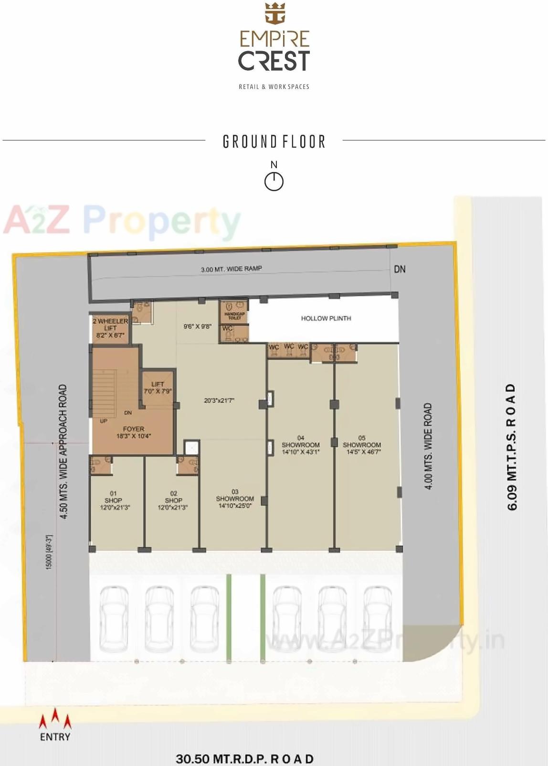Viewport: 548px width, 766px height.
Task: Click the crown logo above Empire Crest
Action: (274, 13)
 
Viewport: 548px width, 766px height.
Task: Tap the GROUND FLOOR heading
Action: (274, 142)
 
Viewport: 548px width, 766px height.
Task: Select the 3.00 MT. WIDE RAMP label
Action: (231, 269)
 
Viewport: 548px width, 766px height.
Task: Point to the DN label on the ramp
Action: (400, 269)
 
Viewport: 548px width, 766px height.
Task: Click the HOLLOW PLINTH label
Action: (326, 318)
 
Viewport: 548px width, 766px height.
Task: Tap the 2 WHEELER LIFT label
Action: (110, 328)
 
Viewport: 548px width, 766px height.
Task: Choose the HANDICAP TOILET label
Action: (234, 316)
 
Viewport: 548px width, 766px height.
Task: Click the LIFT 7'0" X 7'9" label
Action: (158, 388)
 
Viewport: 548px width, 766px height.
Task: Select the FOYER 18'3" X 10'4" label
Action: (133, 432)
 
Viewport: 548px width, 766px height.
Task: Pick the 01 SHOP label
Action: (114, 500)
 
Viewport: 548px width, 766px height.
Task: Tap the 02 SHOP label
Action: (173, 500)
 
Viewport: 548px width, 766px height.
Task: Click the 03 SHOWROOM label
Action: (235, 498)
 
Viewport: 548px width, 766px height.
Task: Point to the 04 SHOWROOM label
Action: (301, 445)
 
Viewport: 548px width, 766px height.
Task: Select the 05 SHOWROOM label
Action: (362, 445)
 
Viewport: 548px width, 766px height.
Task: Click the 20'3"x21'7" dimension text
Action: (219, 400)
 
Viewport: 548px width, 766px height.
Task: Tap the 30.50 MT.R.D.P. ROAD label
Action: (245, 758)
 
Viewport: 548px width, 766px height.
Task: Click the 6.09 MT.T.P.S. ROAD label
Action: (512, 447)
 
